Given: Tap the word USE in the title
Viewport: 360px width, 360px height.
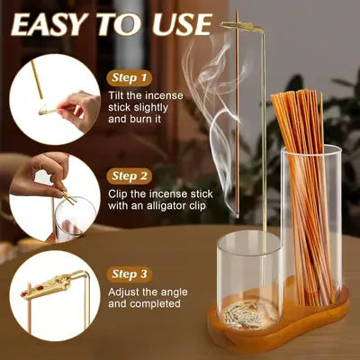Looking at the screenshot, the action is coord(182,24).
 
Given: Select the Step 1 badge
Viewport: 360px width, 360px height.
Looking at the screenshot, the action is coord(130,78).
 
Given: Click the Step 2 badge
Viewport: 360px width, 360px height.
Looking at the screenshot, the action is coord(130,176).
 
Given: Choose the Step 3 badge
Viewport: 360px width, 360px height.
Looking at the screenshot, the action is coord(130,274).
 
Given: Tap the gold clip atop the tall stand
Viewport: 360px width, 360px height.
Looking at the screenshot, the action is coord(242,27).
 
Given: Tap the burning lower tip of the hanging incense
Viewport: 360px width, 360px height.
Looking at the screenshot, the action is coord(237,215).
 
